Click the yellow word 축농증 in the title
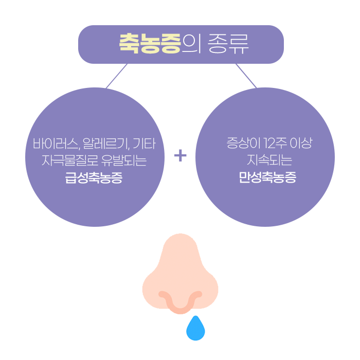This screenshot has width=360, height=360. [150, 44]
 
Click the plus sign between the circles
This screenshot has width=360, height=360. [180, 155]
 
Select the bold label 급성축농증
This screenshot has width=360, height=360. [94, 178]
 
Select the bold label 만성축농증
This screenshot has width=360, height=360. [267, 178]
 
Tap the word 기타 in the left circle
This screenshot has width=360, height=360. [146, 143]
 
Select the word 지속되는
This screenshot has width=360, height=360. [267, 160]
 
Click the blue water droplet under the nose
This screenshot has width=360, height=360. [195, 330]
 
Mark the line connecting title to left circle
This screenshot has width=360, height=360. [116, 76]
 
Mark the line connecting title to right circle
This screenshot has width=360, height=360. [246, 76]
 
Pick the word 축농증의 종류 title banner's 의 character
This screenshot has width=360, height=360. [192, 44]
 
